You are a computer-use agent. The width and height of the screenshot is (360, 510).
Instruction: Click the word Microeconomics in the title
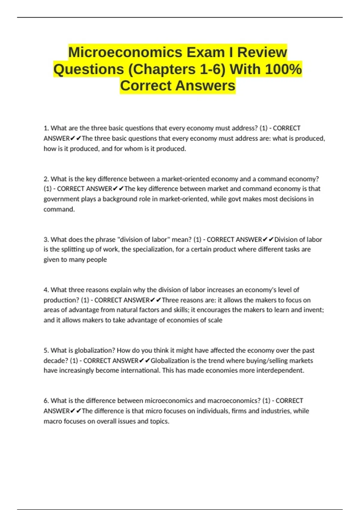click(x=125, y=52)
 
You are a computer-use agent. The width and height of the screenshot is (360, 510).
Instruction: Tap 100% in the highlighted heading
click(x=283, y=69)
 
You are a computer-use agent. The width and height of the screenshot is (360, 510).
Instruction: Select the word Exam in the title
click(x=205, y=52)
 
